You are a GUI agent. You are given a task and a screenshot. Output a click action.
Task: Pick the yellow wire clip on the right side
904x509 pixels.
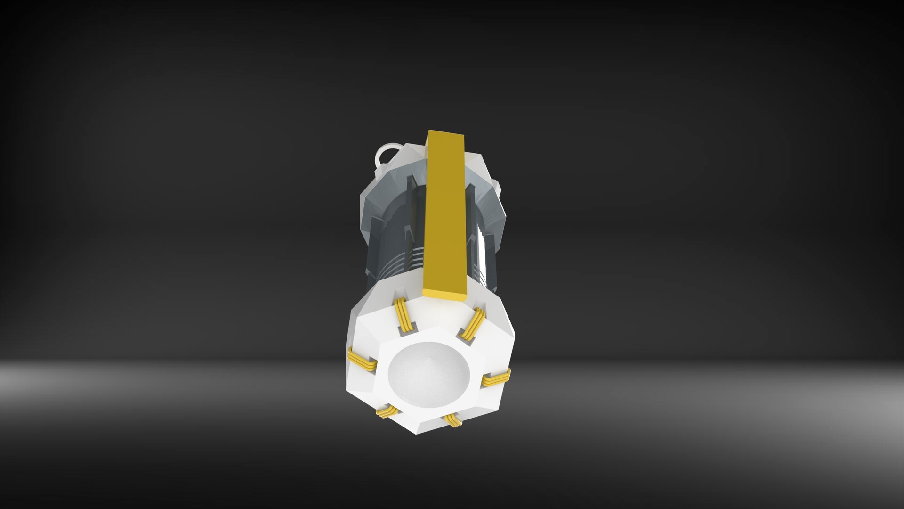497,377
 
